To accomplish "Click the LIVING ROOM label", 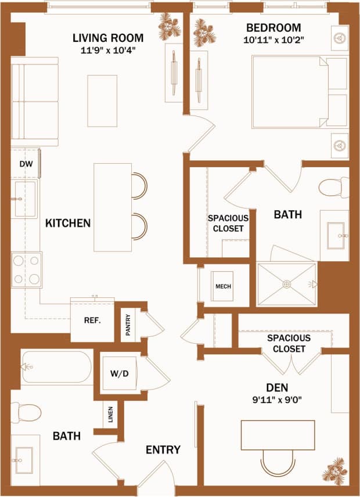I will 108,38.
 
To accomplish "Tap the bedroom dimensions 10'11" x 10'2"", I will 273,41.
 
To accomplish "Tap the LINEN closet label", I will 110,415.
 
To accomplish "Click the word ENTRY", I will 163,449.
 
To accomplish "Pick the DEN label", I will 276,387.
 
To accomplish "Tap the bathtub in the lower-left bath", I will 57,367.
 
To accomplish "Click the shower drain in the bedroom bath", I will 286,284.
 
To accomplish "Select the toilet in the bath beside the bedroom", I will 333,188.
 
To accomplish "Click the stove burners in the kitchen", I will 27,269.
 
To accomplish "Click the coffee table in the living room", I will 102,100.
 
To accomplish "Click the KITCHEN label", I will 68,222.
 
